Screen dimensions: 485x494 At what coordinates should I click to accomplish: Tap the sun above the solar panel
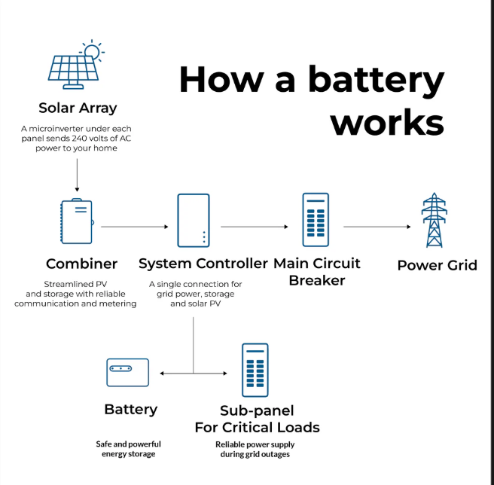pyautogui.click(x=92, y=50)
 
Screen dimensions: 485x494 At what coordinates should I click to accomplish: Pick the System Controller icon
pyautogui.click(x=193, y=220)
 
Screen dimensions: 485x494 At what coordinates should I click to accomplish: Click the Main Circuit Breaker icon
pyautogui.click(x=316, y=219)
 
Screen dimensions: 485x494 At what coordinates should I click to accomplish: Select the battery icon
pyautogui.click(x=127, y=372)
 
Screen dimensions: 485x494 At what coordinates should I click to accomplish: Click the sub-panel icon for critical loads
pyautogui.click(x=256, y=370)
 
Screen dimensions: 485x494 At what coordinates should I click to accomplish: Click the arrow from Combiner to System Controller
pyautogui.click(x=134, y=226)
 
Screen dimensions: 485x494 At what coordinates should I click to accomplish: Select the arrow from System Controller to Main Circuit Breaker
pyautogui.click(x=255, y=226)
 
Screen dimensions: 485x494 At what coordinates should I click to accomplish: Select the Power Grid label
pyautogui.click(x=437, y=265)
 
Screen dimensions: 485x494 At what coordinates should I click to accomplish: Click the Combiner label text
pyautogui.click(x=81, y=264)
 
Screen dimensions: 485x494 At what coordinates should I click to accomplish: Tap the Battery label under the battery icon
pyautogui.click(x=131, y=410)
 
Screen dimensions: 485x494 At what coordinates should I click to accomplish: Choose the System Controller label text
pyautogui.click(x=203, y=264)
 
